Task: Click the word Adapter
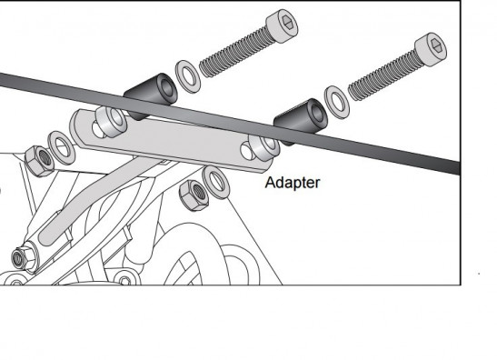click(x=293, y=183)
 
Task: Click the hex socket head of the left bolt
click(x=282, y=25)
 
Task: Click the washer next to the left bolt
click(x=188, y=76)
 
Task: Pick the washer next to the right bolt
click(x=336, y=102)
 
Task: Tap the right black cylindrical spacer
click(x=301, y=121)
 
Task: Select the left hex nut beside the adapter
click(x=40, y=162)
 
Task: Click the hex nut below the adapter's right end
click(x=194, y=195)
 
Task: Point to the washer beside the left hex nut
click(x=61, y=148)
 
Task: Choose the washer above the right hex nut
click(x=216, y=182)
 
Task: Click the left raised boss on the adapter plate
click(x=111, y=122)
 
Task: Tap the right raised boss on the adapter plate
click(x=264, y=148)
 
